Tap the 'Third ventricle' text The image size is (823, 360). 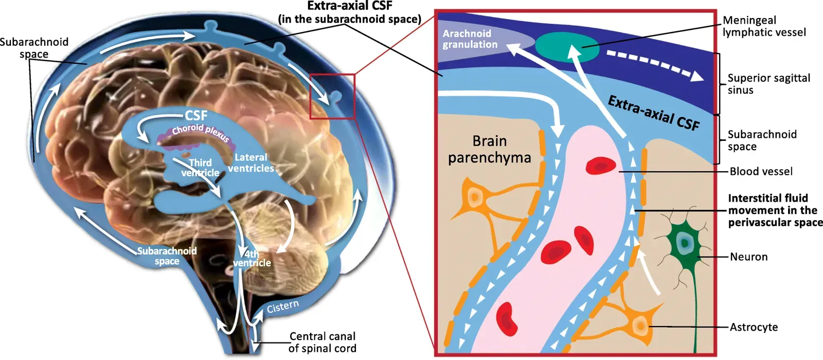(200, 168)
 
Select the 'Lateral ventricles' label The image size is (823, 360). (251, 163)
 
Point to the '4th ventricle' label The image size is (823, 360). (252, 258)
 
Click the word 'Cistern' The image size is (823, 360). (282, 307)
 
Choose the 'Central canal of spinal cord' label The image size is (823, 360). (322, 342)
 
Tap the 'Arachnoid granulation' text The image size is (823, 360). (470, 39)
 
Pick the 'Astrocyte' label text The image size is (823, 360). (754, 327)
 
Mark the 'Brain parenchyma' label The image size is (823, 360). (489, 149)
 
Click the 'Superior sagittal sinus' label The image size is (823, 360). (768, 84)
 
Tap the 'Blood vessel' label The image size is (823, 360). (761, 171)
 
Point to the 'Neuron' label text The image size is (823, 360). (748, 257)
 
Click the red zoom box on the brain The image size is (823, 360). (332, 97)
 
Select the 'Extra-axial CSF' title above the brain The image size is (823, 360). (350, 12)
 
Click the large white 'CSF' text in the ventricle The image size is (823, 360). (196, 115)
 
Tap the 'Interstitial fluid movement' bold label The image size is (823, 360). (775, 210)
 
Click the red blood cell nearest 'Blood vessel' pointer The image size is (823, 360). (600, 167)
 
